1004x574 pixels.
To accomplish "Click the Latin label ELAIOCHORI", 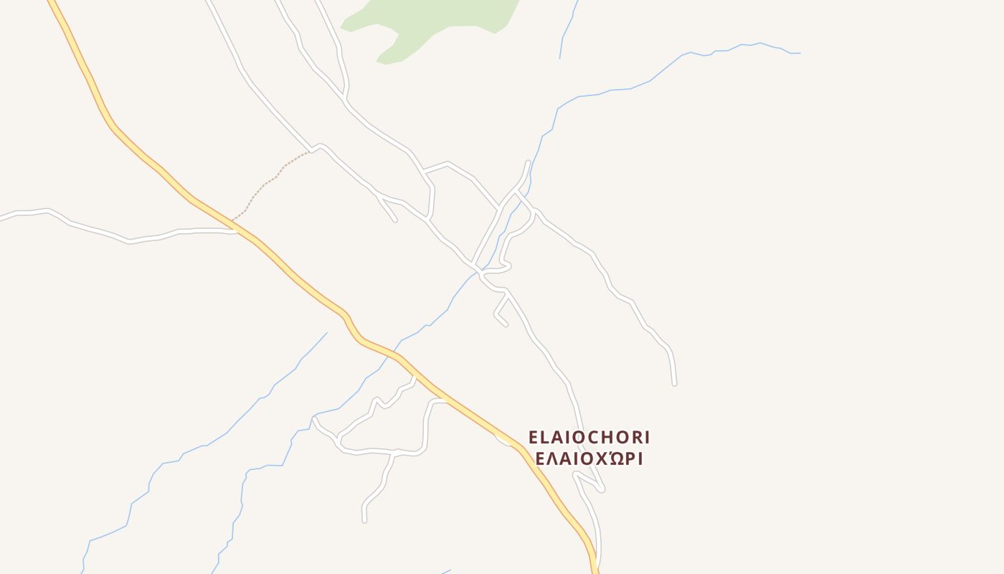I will [589, 438].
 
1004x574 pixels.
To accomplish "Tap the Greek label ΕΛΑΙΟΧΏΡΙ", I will [589, 458].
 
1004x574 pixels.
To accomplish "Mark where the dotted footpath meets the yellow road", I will [233, 220].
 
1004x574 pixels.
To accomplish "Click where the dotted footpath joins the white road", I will [311, 151].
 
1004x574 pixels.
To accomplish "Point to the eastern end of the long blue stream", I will [800, 53].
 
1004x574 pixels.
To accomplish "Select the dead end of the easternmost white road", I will [674, 385].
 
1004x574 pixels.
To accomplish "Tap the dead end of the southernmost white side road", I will [364, 520].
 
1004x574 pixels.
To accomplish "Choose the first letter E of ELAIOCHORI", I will [533, 438].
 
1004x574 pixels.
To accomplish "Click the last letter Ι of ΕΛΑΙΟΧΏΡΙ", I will [639, 458].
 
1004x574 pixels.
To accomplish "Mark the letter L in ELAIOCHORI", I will [544, 438].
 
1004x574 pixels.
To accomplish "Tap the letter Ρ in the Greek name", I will [627, 458].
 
